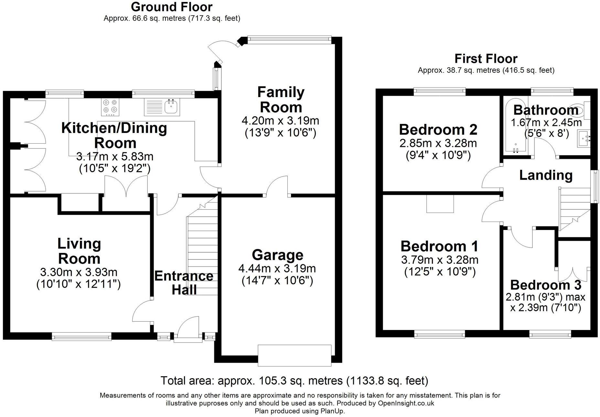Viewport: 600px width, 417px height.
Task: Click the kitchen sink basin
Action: [172, 107]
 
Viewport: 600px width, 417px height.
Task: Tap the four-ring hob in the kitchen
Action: [110, 107]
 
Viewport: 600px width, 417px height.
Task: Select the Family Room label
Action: [281, 99]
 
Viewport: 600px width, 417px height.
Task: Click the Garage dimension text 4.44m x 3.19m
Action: [277, 268]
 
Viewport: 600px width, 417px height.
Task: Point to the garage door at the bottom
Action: [295, 355]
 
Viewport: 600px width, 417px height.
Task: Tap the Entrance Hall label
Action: [184, 283]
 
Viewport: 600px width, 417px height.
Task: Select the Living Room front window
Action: [81, 337]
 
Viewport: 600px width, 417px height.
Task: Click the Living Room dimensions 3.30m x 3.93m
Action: [79, 272]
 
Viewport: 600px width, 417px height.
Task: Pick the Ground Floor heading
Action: [172, 7]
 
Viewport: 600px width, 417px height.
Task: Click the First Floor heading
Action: [486, 59]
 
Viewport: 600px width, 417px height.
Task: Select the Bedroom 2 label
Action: [438, 130]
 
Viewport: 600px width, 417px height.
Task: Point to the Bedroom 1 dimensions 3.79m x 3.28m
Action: [440, 259]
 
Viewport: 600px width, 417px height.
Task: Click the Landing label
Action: [546, 175]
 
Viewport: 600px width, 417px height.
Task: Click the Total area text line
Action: [294, 380]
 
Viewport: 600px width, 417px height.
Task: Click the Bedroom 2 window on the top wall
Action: [440, 92]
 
